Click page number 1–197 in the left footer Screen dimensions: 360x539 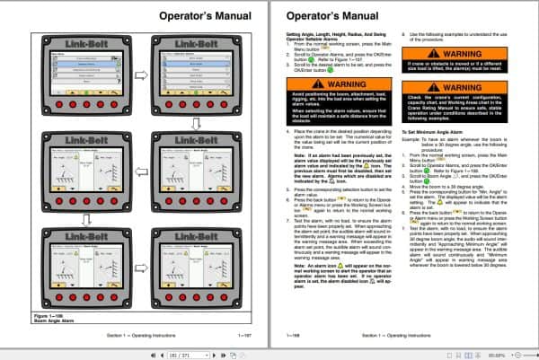point(243,334)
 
